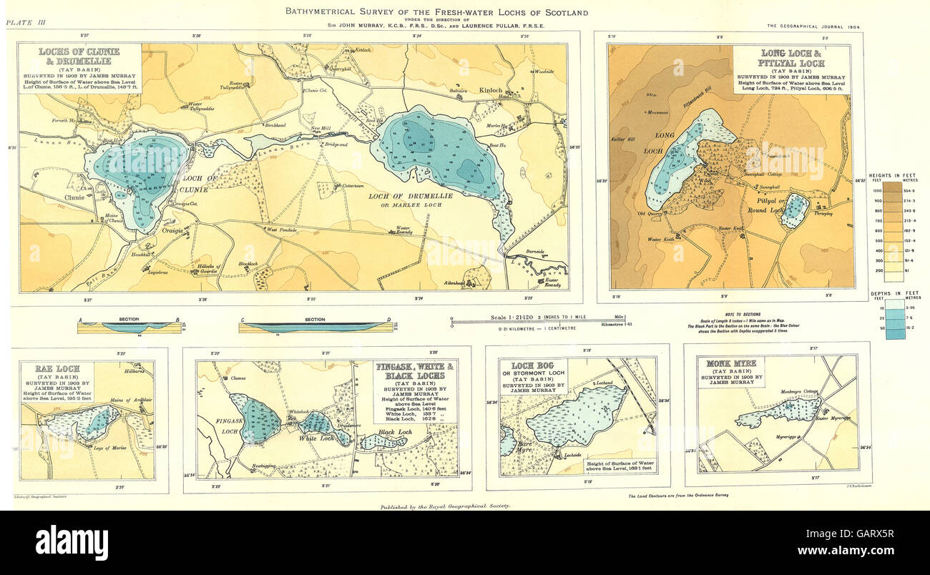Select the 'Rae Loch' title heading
57,369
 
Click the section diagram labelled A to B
129,328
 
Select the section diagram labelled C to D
315,328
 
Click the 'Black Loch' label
395,433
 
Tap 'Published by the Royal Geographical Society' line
446,506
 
